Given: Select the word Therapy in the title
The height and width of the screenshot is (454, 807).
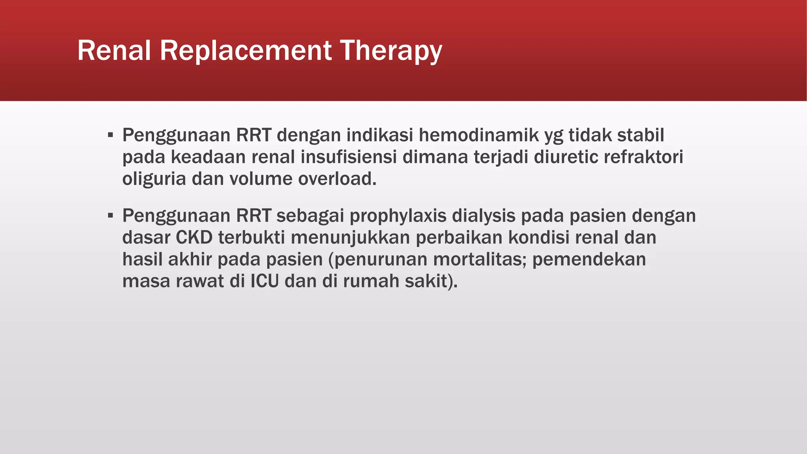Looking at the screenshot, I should click(391, 51).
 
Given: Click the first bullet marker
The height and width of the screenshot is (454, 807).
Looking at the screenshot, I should click(111, 136).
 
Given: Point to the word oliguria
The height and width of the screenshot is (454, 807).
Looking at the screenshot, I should click(154, 179).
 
